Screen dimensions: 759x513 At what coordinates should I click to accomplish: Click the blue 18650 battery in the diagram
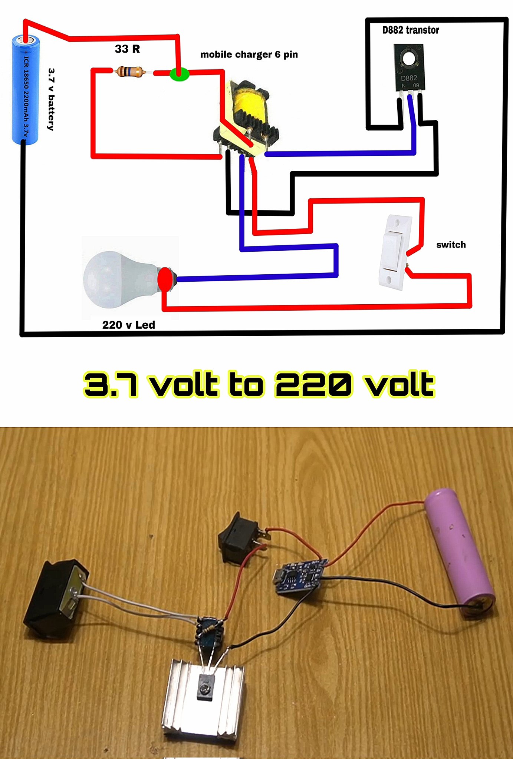(25, 89)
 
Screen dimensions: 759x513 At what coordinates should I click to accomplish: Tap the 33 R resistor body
(128, 71)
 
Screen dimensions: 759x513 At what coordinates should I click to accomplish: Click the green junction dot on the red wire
(180, 74)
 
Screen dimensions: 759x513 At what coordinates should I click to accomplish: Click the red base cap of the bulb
(164, 279)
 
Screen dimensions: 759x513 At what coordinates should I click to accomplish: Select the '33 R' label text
(127, 49)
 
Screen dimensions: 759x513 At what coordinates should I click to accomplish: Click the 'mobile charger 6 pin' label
(249, 54)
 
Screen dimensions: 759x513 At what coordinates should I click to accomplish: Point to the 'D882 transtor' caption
(411, 30)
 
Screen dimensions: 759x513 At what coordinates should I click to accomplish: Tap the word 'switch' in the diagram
(451, 245)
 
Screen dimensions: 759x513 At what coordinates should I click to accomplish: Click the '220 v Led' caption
(128, 325)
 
